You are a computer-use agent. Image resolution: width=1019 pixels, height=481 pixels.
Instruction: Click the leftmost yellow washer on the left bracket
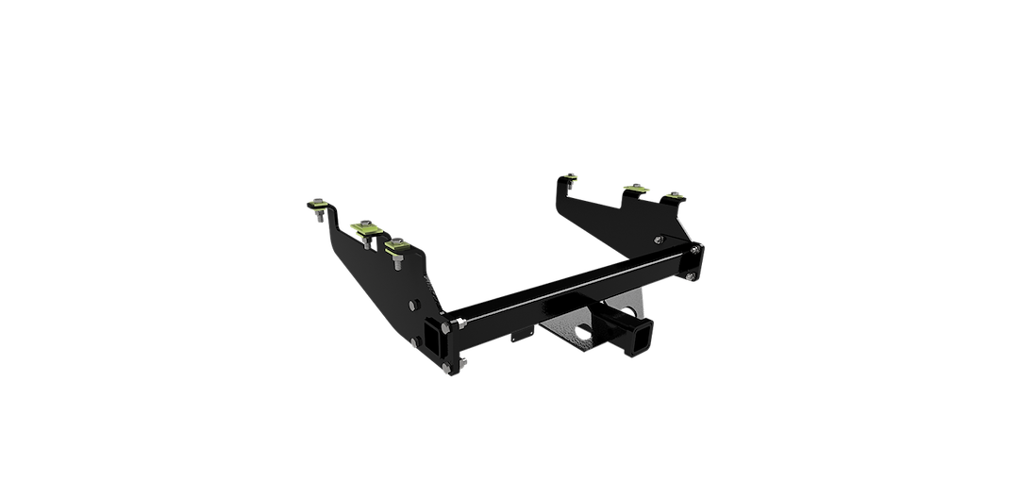(318, 204)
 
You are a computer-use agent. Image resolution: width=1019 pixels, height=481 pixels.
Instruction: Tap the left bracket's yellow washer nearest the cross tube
(397, 245)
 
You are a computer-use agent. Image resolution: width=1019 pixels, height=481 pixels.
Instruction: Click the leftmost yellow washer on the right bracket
(570, 175)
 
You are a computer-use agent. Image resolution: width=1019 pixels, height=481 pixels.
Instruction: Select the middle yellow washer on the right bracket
(635, 188)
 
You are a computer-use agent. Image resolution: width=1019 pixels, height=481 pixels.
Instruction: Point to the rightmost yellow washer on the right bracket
(673, 195)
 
